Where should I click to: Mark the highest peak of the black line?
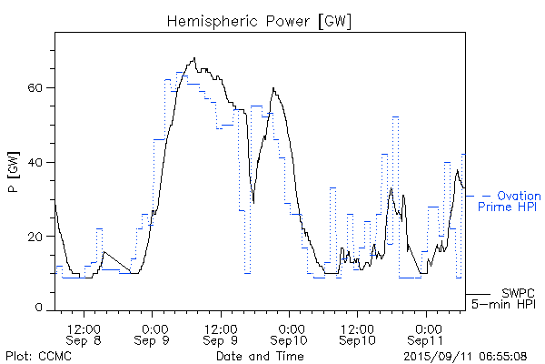click(193, 59)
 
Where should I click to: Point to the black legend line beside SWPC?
click(478, 294)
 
